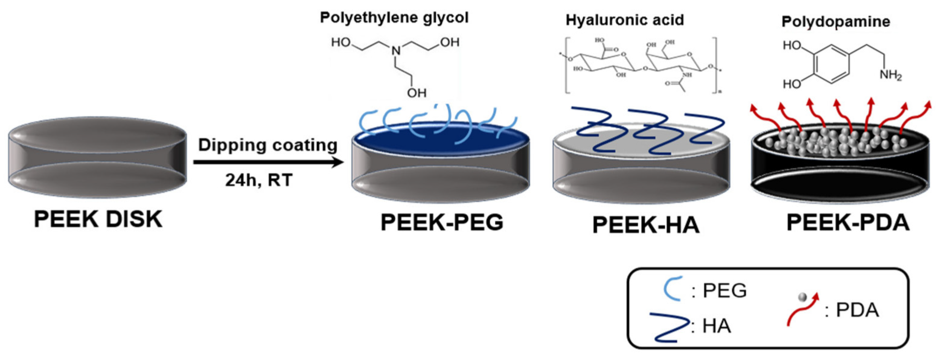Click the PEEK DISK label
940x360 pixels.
[x=98, y=219]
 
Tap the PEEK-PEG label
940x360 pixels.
[x=442, y=222]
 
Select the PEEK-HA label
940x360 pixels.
[x=645, y=225]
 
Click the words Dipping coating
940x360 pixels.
[x=268, y=145]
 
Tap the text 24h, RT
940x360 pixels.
[x=259, y=180]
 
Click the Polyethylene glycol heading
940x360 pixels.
[x=394, y=17]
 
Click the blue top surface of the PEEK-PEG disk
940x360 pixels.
[x=441, y=140]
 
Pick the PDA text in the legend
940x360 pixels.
[x=857, y=310]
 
